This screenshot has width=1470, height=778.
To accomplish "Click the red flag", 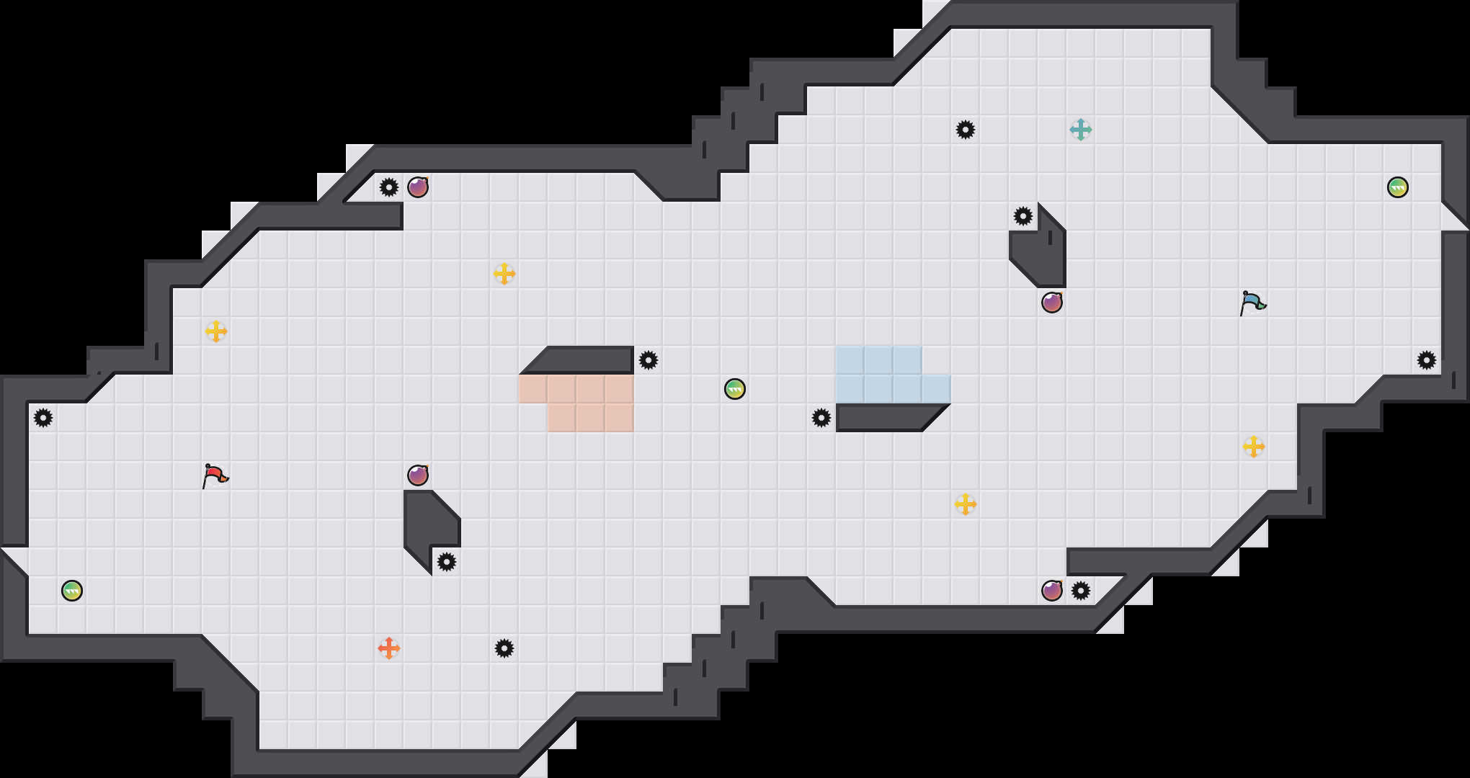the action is (215, 475).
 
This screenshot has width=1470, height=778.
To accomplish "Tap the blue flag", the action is (1252, 303).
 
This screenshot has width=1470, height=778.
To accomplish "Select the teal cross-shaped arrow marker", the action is (1081, 130).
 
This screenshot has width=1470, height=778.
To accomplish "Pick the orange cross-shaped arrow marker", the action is (389, 648).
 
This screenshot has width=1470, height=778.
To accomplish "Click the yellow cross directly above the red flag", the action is (216, 331).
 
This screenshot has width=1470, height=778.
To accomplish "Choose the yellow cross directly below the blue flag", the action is (1254, 447).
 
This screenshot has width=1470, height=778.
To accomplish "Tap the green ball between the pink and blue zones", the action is (735, 389).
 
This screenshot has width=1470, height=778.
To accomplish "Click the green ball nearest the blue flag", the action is (1398, 187).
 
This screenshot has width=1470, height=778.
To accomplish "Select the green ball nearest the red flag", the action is (72, 591).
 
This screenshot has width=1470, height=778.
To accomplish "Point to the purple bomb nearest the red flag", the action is (418, 475).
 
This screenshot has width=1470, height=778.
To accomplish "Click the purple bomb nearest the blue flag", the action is (1052, 303).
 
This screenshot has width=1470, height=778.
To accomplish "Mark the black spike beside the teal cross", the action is (966, 130).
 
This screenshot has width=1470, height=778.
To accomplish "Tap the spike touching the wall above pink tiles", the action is (649, 360).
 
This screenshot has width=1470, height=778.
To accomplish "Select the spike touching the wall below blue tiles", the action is (821, 418).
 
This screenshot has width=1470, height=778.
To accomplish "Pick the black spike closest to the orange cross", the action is (504, 648).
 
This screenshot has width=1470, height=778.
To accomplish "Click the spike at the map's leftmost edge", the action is (43, 418).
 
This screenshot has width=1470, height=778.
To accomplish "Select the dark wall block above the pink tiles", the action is (584, 359).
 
